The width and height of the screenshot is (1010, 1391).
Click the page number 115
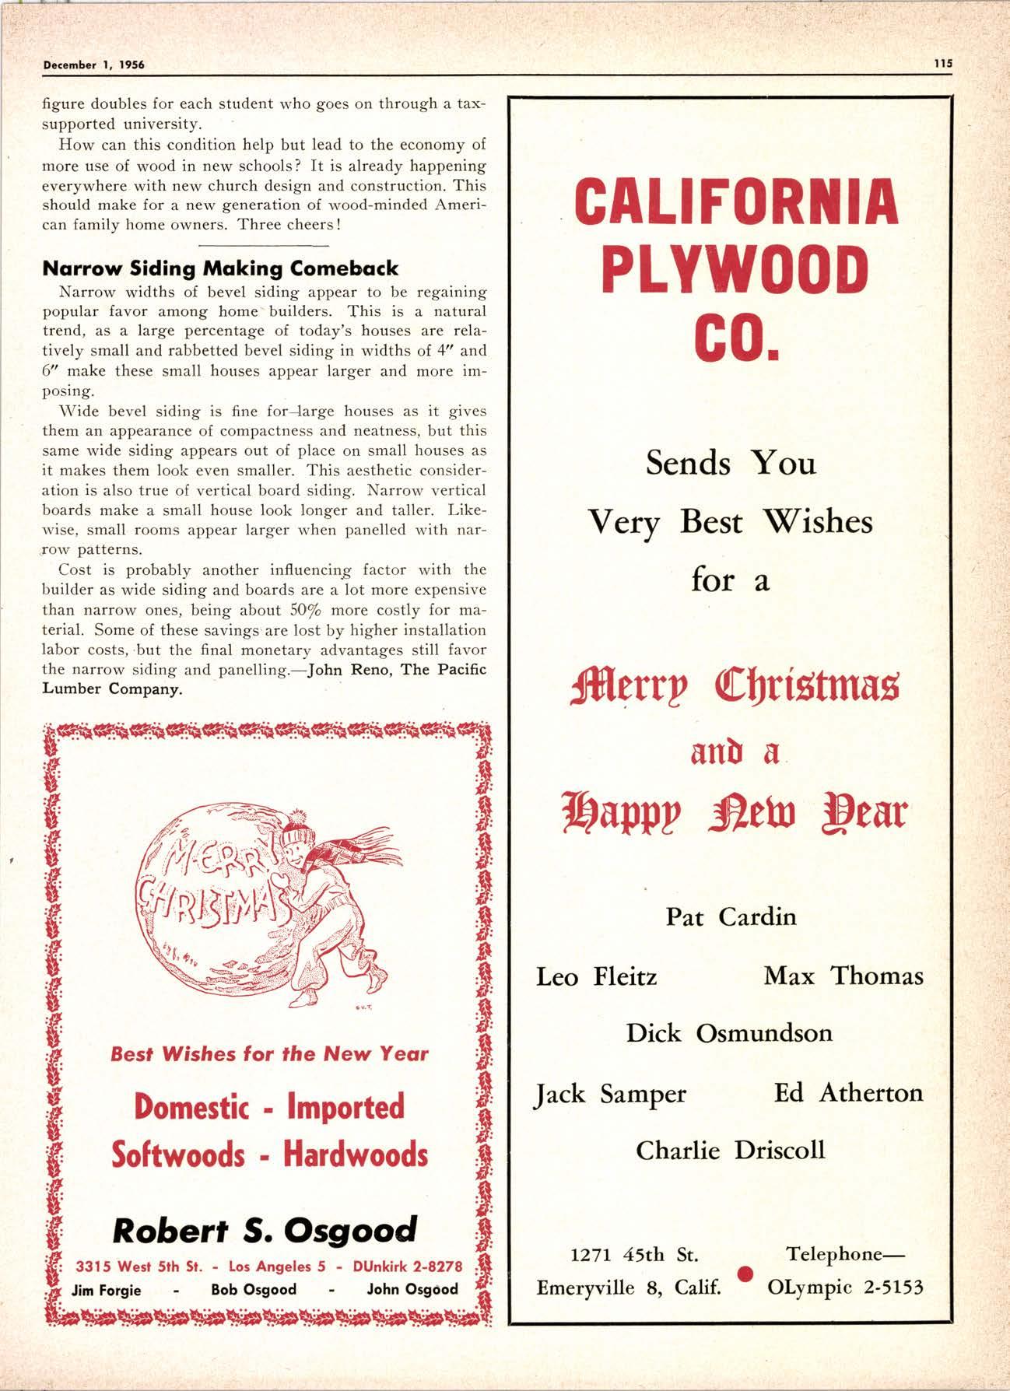tap(943, 65)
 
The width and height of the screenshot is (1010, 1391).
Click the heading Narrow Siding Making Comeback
tap(219, 268)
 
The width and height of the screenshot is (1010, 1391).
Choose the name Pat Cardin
tap(731, 916)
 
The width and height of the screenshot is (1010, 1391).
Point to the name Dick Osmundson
tap(729, 1032)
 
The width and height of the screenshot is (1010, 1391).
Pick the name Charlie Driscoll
tap(730, 1150)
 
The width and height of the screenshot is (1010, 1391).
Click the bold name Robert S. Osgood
tap(265, 1230)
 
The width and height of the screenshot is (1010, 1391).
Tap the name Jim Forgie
tap(106, 1289)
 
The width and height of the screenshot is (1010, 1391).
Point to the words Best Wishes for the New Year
tap(269, 1054)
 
